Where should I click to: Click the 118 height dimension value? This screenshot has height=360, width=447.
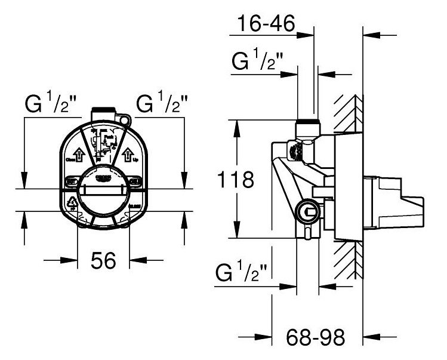coord(235,179)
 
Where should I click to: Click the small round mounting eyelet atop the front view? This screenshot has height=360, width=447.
coord(125,120)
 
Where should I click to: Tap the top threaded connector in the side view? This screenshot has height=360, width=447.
coord(307,127)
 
